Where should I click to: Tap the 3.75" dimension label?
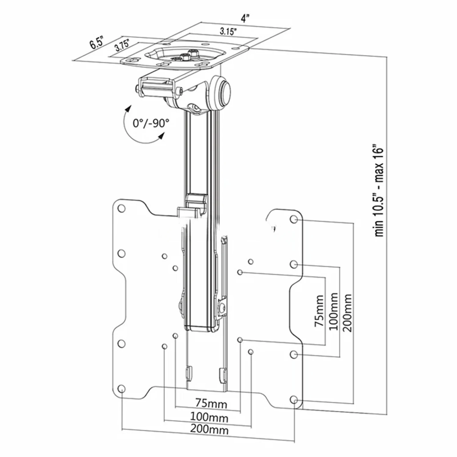click(x=122, y=45)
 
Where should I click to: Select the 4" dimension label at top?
click(x=245, y=19)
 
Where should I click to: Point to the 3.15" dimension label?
click(x=228, y=31)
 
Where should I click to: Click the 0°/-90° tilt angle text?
click(x=151, y=123)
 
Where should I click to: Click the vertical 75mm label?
click(x=319, y=311)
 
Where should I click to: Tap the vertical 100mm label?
click(x=333, y=311)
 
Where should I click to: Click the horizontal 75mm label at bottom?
click(x=211, y=404)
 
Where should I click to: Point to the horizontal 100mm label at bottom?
click(x=209, y=418)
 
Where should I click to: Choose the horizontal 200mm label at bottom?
click(x=209, y=430)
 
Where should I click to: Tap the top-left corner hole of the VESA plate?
click(x=121, y=209)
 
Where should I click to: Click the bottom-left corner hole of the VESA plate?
click(x=121, y=389)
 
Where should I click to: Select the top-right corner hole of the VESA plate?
click(x=294, y=219)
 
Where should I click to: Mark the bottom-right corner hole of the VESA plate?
click(x=294, y=400)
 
